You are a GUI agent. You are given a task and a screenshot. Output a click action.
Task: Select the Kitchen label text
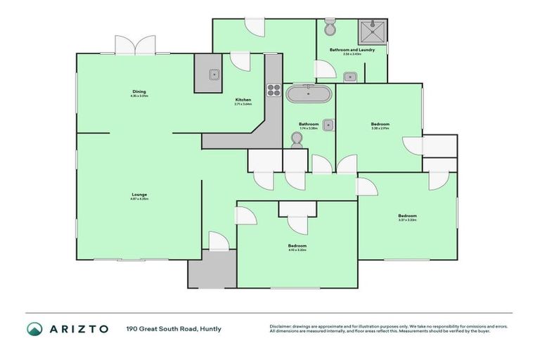coord(243,101)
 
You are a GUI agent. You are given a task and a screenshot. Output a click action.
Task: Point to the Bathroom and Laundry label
coord(352,51)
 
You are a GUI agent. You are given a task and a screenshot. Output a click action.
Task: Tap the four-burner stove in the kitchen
coord(273,90)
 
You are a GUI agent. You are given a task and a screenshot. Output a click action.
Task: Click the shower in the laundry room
coord(372,32)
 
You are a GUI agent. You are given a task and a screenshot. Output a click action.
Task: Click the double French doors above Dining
coord(135,46)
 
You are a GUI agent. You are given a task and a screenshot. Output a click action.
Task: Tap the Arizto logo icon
coord(34,328)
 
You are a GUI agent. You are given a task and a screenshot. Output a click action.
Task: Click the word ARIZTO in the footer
coord(79,328)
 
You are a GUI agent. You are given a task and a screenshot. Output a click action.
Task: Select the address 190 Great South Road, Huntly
coord(174,328)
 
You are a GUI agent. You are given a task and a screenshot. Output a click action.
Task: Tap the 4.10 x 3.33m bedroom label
coord(297,247)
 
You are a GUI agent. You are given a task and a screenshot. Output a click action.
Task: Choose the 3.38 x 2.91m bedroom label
coord(380,125)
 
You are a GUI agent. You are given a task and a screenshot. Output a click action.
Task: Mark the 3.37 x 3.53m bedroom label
coord(407,217)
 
